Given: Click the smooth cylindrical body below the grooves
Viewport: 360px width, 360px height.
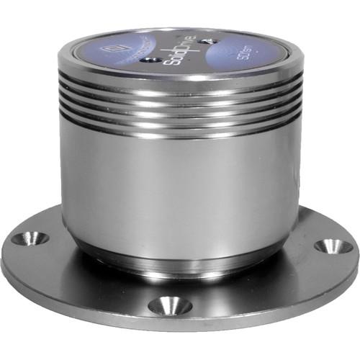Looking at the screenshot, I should pyautogui.click(x=180, y=187).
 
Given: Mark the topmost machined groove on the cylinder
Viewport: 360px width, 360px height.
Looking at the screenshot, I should pyautogui.click(x=180, y=92).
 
